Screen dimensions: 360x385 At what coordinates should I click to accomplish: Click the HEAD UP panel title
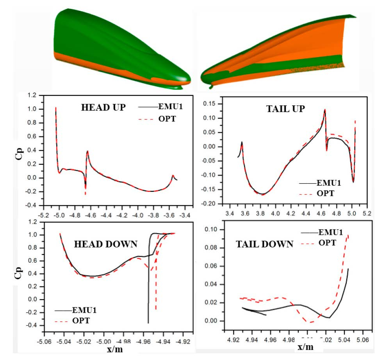[x=103, y=108]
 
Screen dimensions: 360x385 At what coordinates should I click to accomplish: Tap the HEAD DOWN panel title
[x=105, y=244]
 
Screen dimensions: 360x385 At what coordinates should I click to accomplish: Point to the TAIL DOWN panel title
[x=264, y=245]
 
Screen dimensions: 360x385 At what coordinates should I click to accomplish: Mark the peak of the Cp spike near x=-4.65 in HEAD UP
[x=87, y=151]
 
